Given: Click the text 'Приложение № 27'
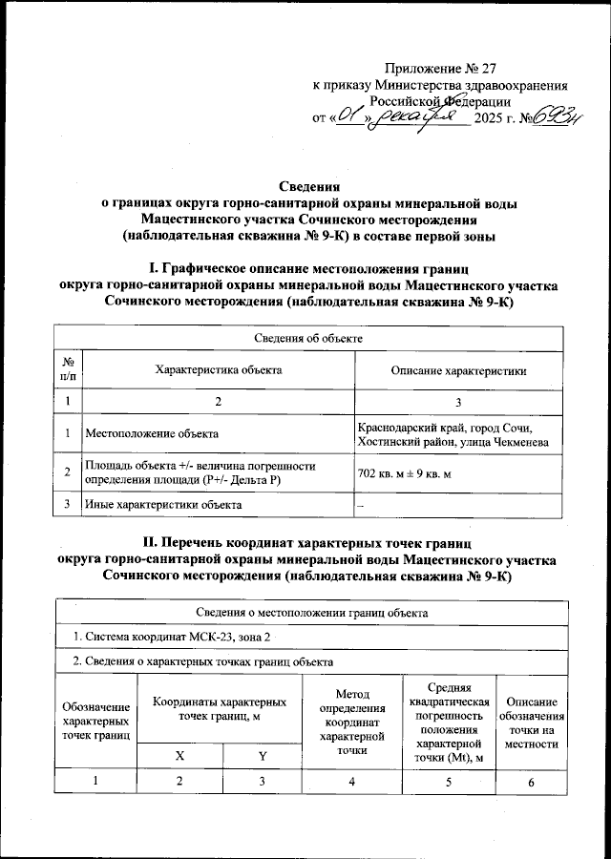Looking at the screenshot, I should (x=435, y=69).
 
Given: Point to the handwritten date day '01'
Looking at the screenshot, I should (x=350, y=118).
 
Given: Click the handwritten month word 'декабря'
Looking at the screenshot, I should (x=421, y=117).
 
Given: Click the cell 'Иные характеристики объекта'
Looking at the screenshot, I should (x=162, y=503).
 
